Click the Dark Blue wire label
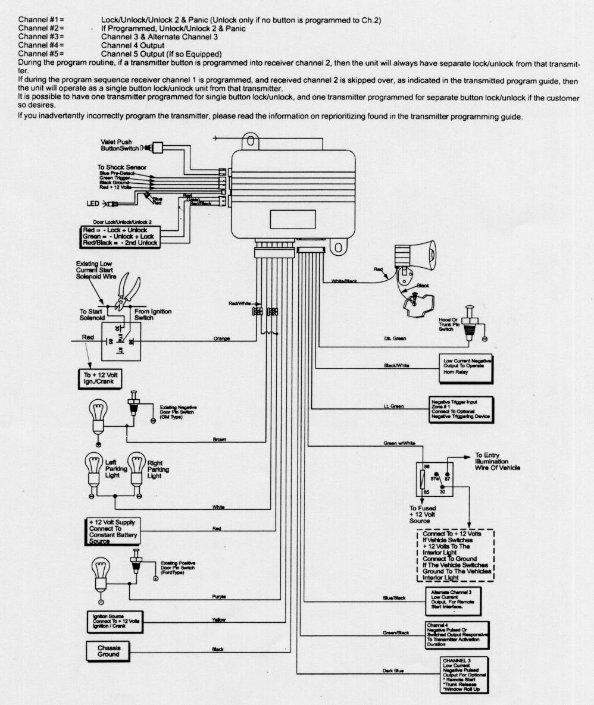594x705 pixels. pos(393,671)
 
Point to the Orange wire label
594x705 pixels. pos(221,339)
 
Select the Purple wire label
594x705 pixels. pos(219,596)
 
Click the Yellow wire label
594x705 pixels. pos(218,620)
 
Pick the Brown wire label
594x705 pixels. pos(220,440)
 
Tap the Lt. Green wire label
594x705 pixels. pos(393,406)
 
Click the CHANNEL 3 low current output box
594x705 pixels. pos(462,674)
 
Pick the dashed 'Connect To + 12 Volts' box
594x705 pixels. pos(455,555)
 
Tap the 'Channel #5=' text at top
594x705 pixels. pos(41,54)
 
